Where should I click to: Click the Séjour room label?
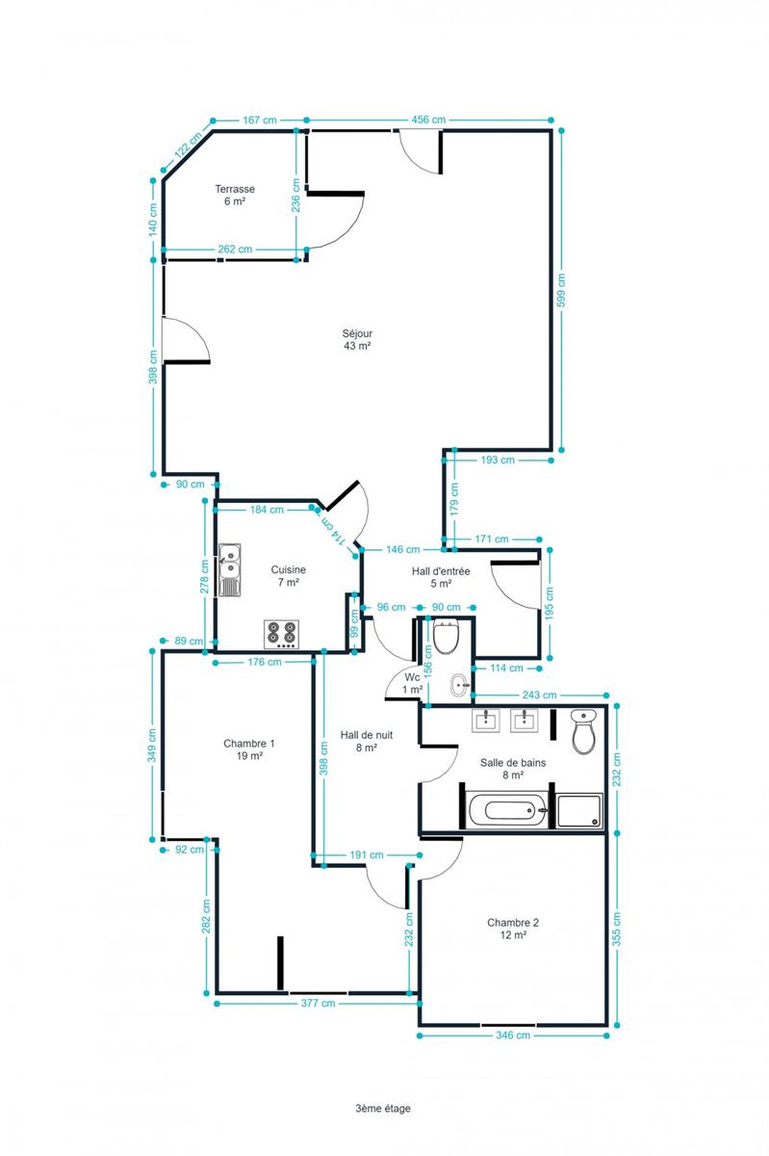click(357, 333)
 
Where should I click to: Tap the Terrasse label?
click(235, 189)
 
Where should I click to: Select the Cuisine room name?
click(289, 569)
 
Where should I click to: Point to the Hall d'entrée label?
click(441, 571)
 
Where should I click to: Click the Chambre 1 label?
click(249, 744)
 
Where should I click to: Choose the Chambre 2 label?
click(513, 923)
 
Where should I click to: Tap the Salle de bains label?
click(513, 763)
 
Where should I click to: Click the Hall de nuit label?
click(366, 735)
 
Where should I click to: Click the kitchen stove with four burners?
click(282, 634)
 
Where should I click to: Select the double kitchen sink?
click(229, 569)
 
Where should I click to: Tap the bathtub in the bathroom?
click(508, 810)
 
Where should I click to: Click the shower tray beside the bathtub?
click(579, 811)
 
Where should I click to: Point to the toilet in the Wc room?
click(446, 637)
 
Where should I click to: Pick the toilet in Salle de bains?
click(584, 731)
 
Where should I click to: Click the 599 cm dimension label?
click(561, 290)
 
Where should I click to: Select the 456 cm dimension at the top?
click(428, 119)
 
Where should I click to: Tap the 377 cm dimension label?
click(318, 1003)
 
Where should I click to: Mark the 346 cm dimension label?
click(513, 1036)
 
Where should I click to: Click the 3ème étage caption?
click(383, 1108)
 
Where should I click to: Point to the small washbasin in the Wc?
click(459, 685)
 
